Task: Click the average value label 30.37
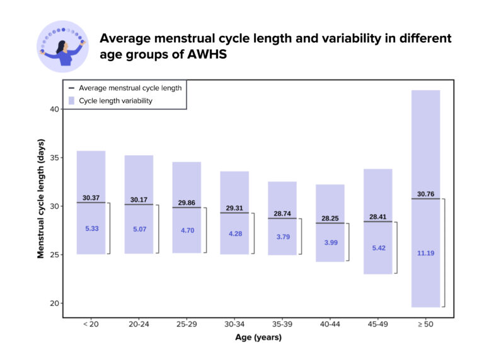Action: click(x=91, y=197)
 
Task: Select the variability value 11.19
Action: click(x=425, y=253)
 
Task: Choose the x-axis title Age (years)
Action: click(x=258, y=337)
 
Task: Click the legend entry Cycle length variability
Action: click(x=115, y=100)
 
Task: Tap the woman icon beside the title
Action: click(x=62, y=46)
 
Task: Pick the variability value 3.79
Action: click(x=282, y=237)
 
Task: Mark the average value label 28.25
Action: click(x=330, y=218)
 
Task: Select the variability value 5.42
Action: click(x=378, y=248)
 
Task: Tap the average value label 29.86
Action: click(x=187, y=202)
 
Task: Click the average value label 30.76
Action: click(x=425, y=194)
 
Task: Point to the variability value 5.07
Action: click(x=139, y=229)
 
